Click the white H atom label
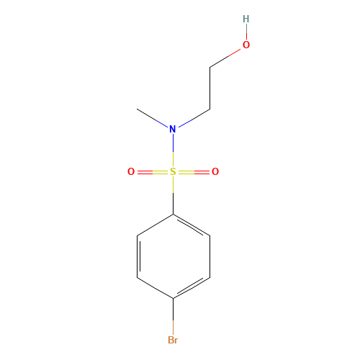point(246,19)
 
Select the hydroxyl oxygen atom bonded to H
point(246,45)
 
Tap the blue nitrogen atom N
point(172,130)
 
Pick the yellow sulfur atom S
point(173,172)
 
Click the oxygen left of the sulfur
point(131,172)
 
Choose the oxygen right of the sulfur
point(215,172)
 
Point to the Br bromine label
point(173,340)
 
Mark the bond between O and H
point(246,32)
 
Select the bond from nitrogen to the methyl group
point(153,119)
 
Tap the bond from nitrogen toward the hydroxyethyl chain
point(192,119)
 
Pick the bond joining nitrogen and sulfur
point(173,150)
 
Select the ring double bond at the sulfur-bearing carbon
point(192,225)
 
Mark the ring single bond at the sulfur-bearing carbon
point(155,225)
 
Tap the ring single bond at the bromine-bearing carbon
point(155,288)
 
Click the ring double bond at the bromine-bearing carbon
point(192,287)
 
